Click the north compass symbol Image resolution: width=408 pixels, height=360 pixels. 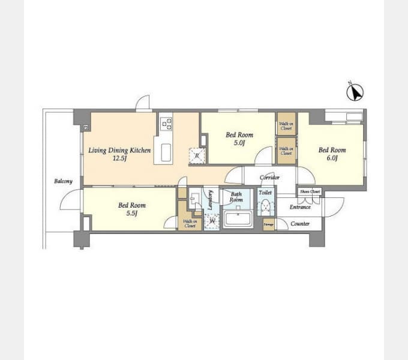(355, 92)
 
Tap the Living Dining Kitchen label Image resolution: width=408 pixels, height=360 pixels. (119, 150)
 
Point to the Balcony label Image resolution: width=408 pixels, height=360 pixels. (63, 181)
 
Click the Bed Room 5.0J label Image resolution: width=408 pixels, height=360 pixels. (239, 139)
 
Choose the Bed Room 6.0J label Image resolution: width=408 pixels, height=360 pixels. (332, 154)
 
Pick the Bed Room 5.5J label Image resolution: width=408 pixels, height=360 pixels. (131, 209)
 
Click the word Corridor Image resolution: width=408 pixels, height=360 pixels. (269, 178)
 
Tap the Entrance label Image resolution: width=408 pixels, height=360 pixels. (300, 207)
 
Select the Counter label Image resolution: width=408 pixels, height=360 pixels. (300, 224)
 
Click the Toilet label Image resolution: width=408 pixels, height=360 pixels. (265, 193)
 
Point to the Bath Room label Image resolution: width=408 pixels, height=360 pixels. (236, 196)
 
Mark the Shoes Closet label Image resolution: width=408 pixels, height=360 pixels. (310, 191)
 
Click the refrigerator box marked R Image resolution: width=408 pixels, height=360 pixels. (196, 156)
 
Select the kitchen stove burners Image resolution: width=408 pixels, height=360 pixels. (166, 124)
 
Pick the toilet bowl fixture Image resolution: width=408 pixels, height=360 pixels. (265, 207)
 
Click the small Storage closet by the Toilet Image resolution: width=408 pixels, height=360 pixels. (268, 224)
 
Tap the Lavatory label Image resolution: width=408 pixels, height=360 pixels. (211, 200)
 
